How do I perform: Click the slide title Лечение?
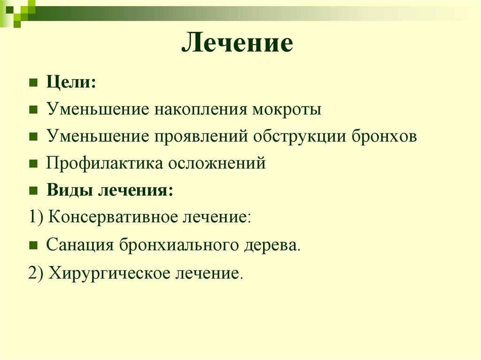click(x=237, y=44)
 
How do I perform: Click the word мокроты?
click(x=287, y=110)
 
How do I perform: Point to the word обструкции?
click(x=301, y=137)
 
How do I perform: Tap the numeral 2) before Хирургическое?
click(x=36, y=273)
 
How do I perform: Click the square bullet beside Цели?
click(x=33, y=83)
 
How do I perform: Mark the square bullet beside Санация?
click(x=33, y=245)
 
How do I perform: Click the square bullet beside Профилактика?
click(x=33, y=164)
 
